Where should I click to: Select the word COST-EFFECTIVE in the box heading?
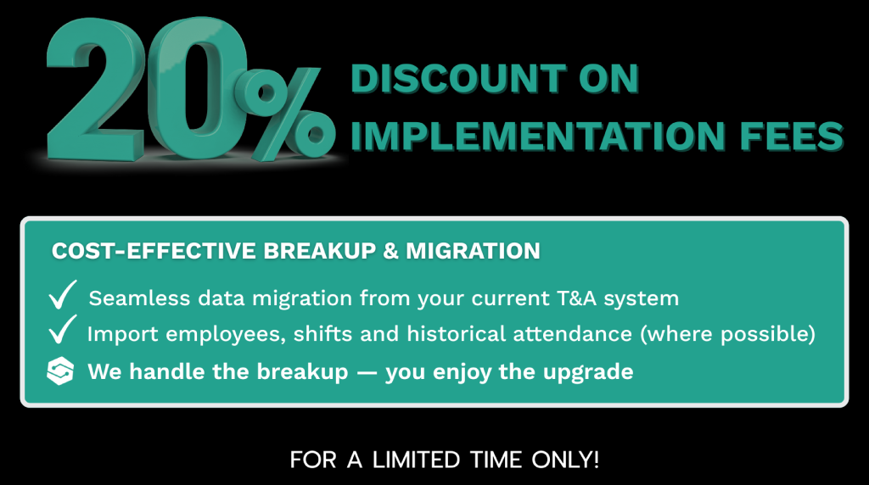154,251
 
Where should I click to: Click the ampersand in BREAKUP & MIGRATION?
390,251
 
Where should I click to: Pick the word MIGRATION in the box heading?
473,251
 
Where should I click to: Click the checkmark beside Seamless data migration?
63,294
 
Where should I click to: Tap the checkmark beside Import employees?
63,330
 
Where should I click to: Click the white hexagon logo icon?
60,371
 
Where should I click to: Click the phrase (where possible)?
727,334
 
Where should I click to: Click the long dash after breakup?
367,372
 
